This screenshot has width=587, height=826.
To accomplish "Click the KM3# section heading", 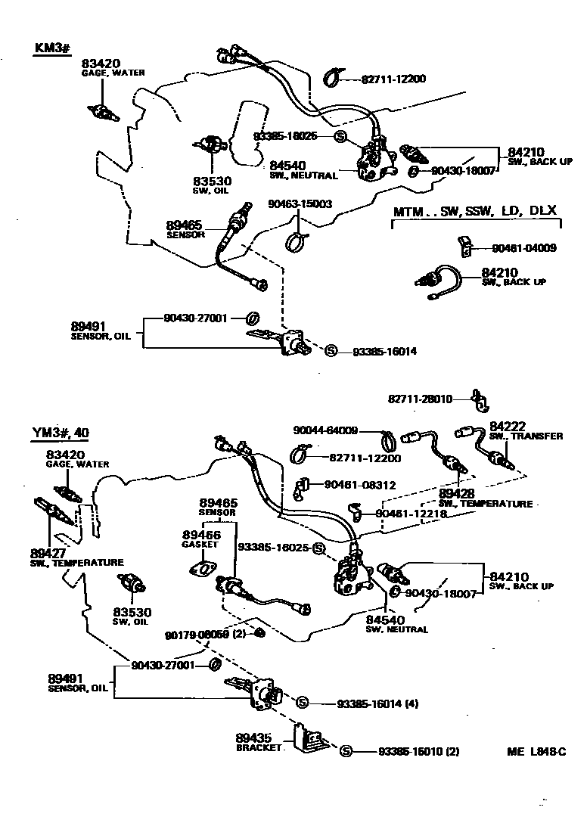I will click(52, 48).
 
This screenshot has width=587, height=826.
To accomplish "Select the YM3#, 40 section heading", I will click(61, 433).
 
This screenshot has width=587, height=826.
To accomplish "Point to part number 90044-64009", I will click(325, 430).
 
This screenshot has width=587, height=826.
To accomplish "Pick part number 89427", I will click(47, 553).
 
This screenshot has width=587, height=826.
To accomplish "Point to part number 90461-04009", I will click(524, 247).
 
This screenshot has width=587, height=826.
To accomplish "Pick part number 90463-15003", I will click(300, 203).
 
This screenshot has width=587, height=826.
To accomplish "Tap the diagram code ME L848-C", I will click(536, 751).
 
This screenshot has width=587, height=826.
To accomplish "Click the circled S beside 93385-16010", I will click(346, 751).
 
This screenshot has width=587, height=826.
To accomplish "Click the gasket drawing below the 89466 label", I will click(201, 567).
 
